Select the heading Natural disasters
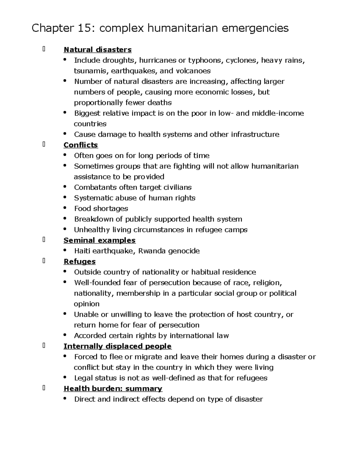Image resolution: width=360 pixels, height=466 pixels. tap(97, 50)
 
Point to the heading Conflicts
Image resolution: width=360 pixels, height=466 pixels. tap(81, 145)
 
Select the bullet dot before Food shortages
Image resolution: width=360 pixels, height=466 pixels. tap(65, 208)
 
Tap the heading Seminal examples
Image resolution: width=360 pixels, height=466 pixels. tap(99, 240)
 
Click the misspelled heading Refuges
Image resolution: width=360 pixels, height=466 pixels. tap(79, 262)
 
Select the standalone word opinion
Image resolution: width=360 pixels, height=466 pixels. tap(87, 304)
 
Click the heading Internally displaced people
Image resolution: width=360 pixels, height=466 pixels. tap(117, 346)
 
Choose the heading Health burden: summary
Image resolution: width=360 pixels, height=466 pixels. tap(113, 389)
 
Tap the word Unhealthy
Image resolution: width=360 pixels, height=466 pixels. tap(92, 230)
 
